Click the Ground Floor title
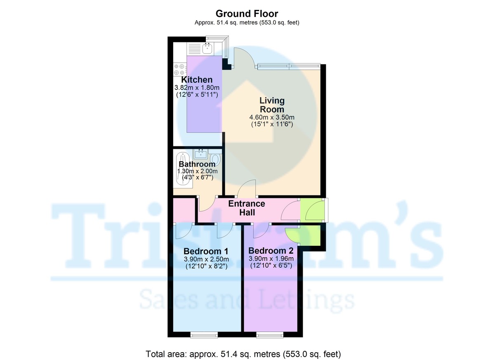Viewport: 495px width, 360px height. click(x=247, y=14)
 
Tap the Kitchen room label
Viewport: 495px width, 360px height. click(x=197, y=80)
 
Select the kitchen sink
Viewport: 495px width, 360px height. click(x=207, y=49)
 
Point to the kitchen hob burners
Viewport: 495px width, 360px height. click(x=180, y=69)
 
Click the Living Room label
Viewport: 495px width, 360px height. click(x=272, y=105)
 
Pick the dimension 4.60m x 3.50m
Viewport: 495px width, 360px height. click(x=272, y=117)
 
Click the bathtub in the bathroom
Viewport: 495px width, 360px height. click(x=182, y=169)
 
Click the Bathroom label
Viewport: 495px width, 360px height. click(x=197, y=164)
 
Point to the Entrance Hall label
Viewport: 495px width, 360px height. click(x=247, y=208)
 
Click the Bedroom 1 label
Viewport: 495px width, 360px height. click(x=206, y=251)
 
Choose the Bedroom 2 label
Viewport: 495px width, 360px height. click(x=271, y=251)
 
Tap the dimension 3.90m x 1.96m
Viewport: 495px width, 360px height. click(x=271, y=259)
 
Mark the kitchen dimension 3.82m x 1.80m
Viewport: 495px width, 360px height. click(x=197, y=88)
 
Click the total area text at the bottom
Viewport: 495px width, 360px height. click(x=243, y=353)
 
